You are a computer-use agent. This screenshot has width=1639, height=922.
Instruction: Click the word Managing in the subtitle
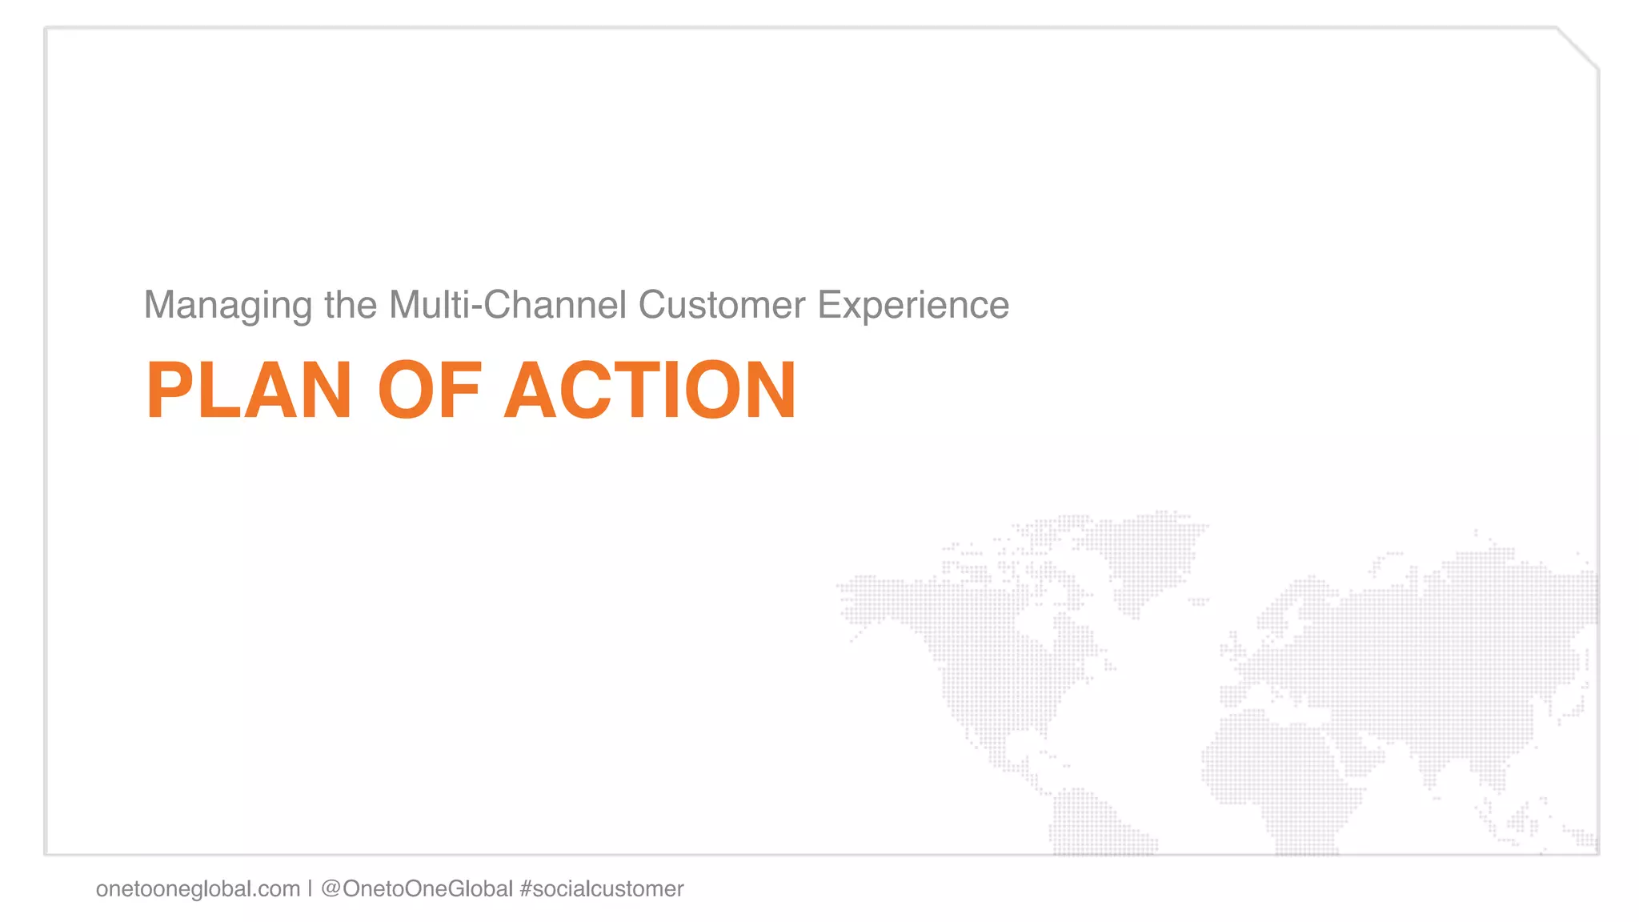(x=227, y=306)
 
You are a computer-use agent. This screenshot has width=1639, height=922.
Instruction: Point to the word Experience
(x=913, y=306)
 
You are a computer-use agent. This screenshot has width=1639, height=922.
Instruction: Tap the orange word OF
(x=430, y=391)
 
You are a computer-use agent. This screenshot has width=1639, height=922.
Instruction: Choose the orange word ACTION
(x=650, y=391)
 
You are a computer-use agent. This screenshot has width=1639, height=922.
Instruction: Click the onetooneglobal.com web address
(x=198, y=888)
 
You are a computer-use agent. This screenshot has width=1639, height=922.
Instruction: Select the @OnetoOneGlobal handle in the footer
(x=417, y=888)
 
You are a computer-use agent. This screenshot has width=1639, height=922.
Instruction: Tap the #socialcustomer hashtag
(x=602, y=888)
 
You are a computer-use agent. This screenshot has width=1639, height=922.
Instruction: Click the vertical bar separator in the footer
(x=310, y=888)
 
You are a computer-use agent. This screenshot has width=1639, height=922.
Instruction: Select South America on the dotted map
(x=1096, y=824)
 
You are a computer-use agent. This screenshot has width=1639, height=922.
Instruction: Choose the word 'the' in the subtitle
(x=351, y=305)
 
